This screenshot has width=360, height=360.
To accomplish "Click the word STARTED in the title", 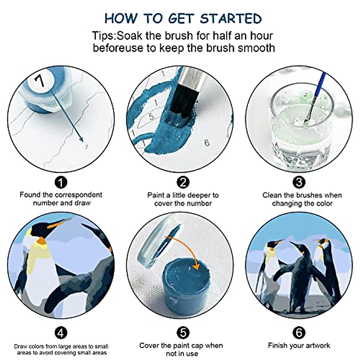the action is tap(231, 19).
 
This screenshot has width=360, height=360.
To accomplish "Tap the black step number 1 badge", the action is tap(61, 182).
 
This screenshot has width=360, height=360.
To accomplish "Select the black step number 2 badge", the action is tap(183, 182).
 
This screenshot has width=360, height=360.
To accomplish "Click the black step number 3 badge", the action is tap(299, 182).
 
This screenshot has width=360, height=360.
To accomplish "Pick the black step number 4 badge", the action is tap(61, 333).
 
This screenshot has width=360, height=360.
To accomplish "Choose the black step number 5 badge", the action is tap(183, 333).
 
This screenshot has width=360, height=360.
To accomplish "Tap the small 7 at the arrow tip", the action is tap(86, 147).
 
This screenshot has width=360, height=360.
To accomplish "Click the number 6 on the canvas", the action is tap(207, 143).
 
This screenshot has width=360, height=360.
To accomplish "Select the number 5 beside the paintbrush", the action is tap(151, 117).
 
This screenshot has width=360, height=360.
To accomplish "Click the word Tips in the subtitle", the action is tap(104, 36).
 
